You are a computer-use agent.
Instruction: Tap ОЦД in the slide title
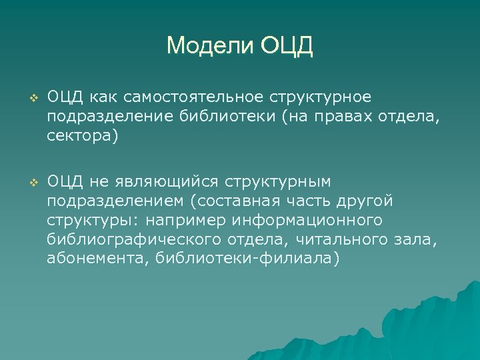(287, 46)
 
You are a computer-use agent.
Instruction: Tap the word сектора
(81, 139)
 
